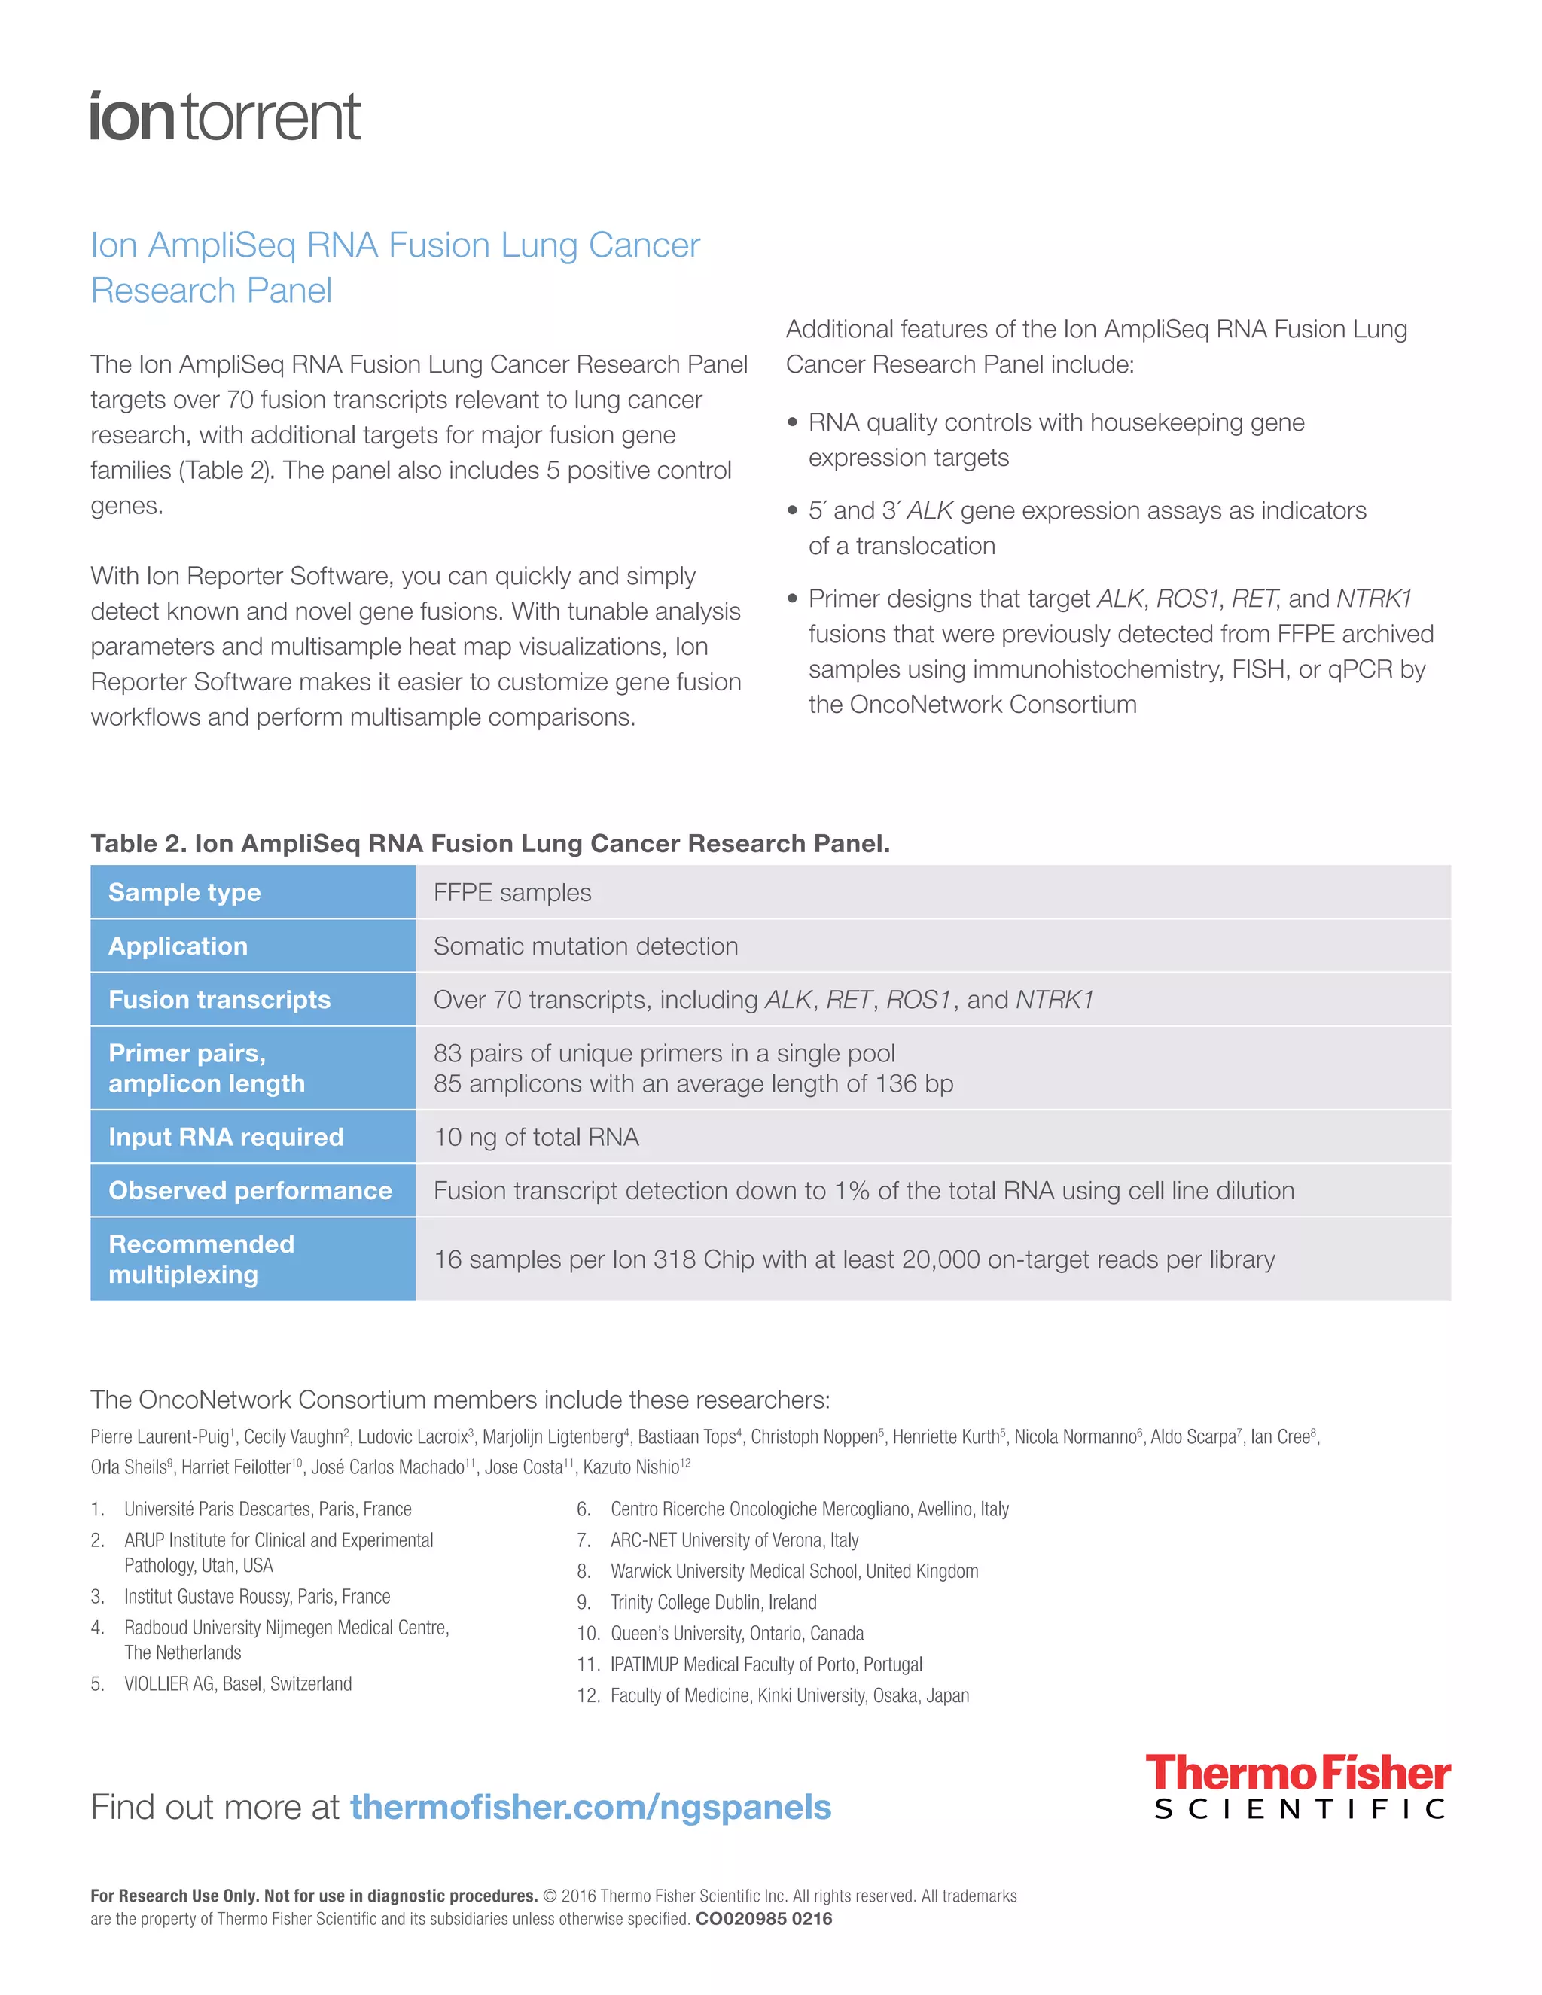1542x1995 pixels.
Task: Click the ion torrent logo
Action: coord(224,117)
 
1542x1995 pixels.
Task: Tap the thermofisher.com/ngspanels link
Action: coord(590,1807)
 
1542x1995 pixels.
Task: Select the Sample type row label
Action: coord(184,892)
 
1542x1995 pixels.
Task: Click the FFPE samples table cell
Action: coord(513,892)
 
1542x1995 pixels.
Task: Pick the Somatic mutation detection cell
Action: coord(586,946)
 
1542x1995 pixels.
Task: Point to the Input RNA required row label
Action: coord(226,1138)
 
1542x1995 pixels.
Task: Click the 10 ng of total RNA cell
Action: coord(536,1138)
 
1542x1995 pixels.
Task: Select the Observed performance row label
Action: coord(249,1191)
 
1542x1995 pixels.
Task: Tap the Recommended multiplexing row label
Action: coord(202,1259)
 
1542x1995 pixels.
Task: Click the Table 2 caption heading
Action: coord(489,843)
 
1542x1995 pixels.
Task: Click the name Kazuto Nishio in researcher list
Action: coord(631,1467)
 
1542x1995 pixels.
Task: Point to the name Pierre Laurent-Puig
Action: coord(159,1437)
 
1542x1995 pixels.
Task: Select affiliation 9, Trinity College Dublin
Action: coord(712,1602)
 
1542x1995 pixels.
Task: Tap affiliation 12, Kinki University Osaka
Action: coord(789,1695)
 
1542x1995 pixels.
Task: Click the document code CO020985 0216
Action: coord(763,1919)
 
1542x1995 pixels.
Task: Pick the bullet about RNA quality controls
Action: coord(1056,440)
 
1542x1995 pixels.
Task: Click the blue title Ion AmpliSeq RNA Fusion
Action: coord(395,267)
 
